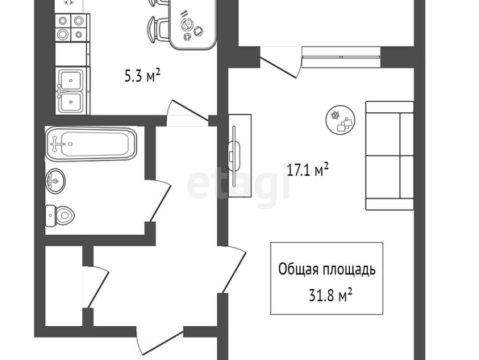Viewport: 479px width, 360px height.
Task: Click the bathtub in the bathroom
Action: [91, 144]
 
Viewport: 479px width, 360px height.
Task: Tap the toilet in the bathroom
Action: [60, 216]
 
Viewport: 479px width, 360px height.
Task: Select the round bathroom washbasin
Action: [56, 181]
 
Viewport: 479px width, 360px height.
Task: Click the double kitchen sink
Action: [72, 90]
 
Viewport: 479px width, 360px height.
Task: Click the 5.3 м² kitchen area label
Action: [143, 75]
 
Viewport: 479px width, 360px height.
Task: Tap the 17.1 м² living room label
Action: [308, 170]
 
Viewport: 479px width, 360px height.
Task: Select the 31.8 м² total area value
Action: [331, 295]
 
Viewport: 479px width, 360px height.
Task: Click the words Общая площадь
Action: [327, 270]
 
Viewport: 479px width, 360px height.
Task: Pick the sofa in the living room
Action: [389, 156]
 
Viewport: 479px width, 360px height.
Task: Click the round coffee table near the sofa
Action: [340, 119]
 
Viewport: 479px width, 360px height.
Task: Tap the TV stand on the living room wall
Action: [240, 156]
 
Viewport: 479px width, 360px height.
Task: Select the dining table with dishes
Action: [193, 24]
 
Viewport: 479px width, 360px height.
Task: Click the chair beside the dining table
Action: [158, 29]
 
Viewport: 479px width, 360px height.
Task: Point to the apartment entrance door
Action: [160, 341]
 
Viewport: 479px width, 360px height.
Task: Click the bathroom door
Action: [158, 201]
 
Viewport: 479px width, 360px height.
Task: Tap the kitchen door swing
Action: [187, 111]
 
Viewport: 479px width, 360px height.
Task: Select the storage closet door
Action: [96, 287]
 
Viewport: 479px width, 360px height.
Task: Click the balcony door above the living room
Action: [278, 62]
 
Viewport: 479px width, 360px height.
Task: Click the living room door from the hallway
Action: [233, 269]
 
